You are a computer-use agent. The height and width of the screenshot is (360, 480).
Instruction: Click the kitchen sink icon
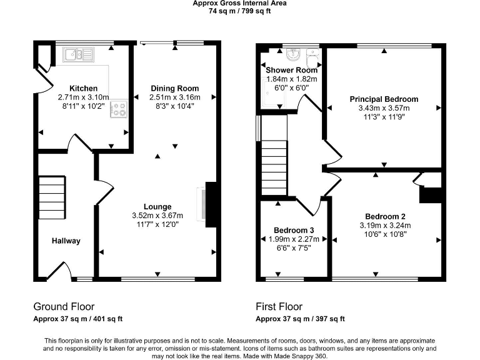click(79, 55)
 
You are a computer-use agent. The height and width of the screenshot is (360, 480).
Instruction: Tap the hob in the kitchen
click(118, 110)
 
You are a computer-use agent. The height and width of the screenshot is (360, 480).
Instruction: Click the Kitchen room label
click(83, 88)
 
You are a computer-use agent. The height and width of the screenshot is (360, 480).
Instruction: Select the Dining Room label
click(174, 88)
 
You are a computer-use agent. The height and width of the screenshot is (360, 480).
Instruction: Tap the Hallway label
click(66, 241)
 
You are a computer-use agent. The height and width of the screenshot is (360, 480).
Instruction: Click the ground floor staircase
click(52, 196)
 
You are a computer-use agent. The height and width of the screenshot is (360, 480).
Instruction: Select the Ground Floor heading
click(64, 307)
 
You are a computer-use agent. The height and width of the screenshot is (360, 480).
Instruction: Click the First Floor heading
click(279, 307)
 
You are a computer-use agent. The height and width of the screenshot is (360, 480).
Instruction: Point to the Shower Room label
click(291, 70)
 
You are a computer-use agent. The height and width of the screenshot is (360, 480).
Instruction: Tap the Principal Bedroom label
click(384, 99)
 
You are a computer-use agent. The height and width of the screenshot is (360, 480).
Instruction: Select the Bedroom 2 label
click(384, 216)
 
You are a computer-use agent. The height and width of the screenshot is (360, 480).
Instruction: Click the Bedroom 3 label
click(294, 229)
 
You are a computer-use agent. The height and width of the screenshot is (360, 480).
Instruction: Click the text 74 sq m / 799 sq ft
click(239, 11)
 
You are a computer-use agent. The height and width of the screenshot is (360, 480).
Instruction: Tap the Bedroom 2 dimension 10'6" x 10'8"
click(384, 235)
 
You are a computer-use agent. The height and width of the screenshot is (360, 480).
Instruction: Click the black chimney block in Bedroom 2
click(430, 194)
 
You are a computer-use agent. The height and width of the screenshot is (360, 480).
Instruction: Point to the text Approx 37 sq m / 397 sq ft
click(300, 319)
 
